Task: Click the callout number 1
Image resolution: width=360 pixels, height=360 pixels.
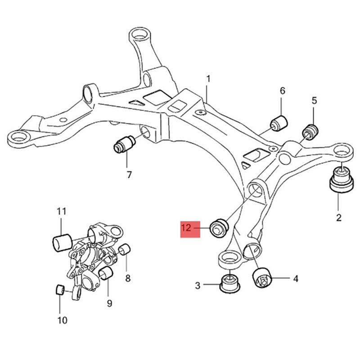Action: (x=208, y=80)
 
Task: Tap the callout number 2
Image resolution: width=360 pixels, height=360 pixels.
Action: (x=338, y=218)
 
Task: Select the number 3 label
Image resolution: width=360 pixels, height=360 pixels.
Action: (x=198, y=285)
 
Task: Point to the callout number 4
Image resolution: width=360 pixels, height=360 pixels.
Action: (x=296, y=279)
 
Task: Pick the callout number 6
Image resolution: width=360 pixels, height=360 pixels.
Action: (x=283, y=91)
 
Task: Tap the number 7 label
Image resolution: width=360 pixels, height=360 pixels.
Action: (x=129, y=175)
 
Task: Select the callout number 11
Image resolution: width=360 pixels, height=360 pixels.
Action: (x=62, y=211)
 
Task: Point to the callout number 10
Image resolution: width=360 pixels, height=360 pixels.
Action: (x=62, y=320)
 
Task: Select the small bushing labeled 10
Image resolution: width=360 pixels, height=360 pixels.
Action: (x=59, y=290)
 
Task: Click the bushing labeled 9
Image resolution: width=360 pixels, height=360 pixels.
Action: (x=106, y=273)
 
